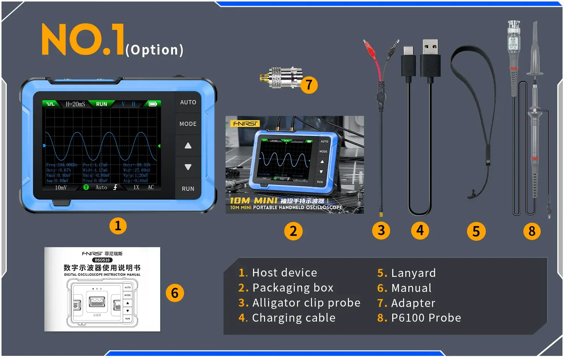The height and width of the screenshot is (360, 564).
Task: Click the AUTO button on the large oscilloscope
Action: click(188, 102)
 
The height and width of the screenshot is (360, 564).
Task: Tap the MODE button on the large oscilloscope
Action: click(188, 124)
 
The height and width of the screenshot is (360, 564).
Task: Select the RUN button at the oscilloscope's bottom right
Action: click(188, 189)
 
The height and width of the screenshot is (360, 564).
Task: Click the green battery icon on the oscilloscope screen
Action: click(153, 104)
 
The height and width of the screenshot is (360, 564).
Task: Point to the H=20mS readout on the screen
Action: click(75, 104)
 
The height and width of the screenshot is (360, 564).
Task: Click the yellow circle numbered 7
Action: click(309, 85)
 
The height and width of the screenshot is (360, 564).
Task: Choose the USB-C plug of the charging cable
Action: click(408, 60)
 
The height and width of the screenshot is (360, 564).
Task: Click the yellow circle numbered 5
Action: click(476, 231)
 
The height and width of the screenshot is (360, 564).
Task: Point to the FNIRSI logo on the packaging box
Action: click(245, 123)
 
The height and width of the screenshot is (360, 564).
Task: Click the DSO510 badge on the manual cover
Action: click(102, 260)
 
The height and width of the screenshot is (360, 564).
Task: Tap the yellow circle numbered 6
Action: click(175, 293)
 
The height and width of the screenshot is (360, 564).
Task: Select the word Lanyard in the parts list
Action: click(413, 273)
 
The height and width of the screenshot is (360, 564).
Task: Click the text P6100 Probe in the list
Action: click(426, 318)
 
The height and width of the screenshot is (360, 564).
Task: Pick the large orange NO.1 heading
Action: click(83, 39)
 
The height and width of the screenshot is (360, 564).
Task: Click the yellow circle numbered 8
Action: click(532, 231)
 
